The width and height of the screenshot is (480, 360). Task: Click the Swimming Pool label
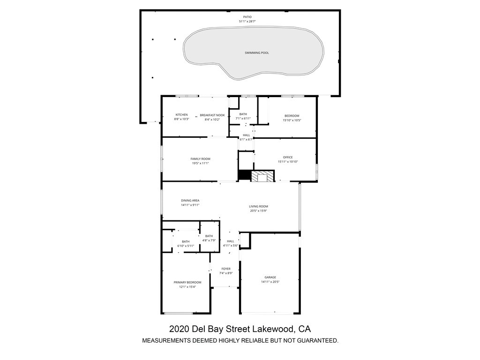tap(256, 53)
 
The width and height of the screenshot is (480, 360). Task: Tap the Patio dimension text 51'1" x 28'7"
tap(247, 22)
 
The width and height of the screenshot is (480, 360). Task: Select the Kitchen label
tap(181, 115)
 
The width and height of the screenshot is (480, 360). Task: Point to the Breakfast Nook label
tap(212, 115)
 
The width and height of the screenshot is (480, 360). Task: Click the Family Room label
tap(200, 159)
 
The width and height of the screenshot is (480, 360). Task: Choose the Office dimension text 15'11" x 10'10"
tap(288, 162)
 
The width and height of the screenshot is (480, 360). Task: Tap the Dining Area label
tap(190, 201)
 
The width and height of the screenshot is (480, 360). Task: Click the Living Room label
tap(258, 206)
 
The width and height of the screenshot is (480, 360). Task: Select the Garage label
tap(270, 277)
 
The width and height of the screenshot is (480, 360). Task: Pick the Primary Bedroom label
tap(187, 282)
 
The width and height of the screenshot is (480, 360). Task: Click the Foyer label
tap(226, 269)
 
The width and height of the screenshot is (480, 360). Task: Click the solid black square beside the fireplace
tap(245, 175)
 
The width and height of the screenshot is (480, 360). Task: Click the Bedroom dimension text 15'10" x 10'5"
tap(292, 120)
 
